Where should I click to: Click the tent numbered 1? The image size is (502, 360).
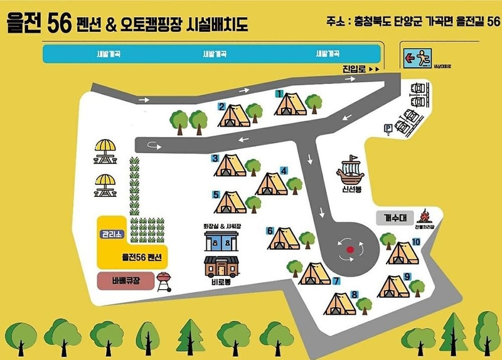click(291, 104)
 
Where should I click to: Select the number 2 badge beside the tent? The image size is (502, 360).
click(222, 106)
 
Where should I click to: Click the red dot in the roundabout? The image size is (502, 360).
click(350, 249)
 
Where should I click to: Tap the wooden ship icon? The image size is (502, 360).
click(350, 170)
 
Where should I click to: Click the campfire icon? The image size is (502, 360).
click(424, 217)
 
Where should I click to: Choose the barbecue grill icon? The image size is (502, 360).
click(163, 280)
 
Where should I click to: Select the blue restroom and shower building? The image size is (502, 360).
click(221, 241)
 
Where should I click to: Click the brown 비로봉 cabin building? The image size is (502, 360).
click(221, 266)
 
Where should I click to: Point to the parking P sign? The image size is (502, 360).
click(387, 128)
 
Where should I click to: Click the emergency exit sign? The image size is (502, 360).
click(415, 58)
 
